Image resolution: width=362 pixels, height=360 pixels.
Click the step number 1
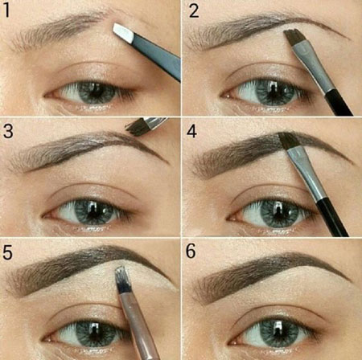point(9,10)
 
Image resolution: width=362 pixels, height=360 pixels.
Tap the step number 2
point(193,10)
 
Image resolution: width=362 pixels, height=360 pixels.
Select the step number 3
point(10,130)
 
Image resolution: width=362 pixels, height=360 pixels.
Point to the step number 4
point(193,130)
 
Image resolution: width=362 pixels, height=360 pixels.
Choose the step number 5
point(10,250)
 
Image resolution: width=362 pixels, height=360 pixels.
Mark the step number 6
point(193,250)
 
